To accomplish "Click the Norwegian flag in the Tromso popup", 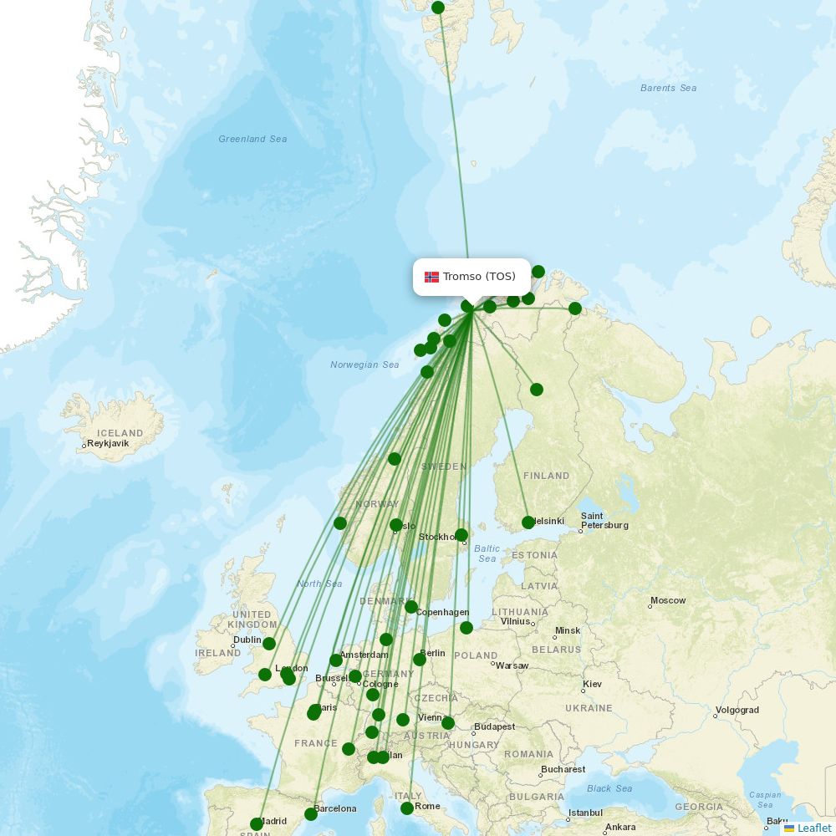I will (431, 277).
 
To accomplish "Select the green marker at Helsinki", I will (528, 522).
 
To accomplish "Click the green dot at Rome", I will (407, 808).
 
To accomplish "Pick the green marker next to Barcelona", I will (311, 813).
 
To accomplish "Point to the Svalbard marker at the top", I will (438, 8).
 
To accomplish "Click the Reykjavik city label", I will (109, 444).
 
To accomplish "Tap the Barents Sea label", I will (668, 88).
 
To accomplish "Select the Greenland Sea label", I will (252, 139).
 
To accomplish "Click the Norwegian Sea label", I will (364, 364).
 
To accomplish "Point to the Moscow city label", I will (669, 600).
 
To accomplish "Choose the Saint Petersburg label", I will (604, 521).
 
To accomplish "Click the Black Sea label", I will (609, 788).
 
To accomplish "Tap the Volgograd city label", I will (738, 710).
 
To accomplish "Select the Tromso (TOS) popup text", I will (479, 277).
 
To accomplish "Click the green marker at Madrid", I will (257, 824).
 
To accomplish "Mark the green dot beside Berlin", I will (420, 660).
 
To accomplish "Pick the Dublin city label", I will (247, 640).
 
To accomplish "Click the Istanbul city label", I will (585, 813).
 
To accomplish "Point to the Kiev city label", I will (593, 684).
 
